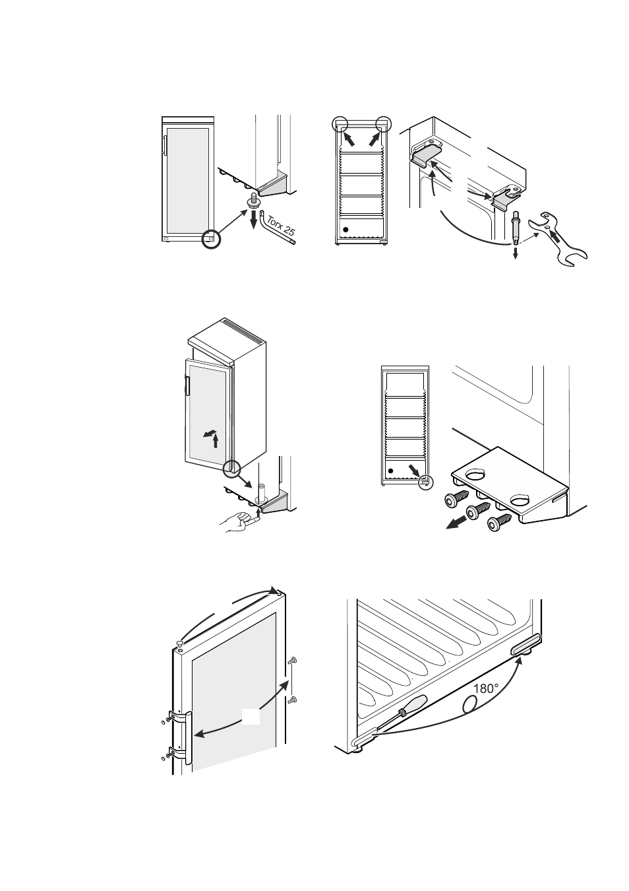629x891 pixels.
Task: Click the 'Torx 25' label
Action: click(x=282, y=226)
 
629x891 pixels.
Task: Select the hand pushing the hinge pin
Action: click(x=237, y=523)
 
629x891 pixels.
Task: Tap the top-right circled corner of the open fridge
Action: click(x=384, y=124)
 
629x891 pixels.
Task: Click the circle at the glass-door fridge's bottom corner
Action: click(x=211, y=239)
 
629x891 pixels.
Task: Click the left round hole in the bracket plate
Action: click(x=476, y=473)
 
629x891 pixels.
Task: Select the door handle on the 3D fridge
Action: click(x=188, y=386)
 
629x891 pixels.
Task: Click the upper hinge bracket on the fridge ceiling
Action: click(x=427, y=154)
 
